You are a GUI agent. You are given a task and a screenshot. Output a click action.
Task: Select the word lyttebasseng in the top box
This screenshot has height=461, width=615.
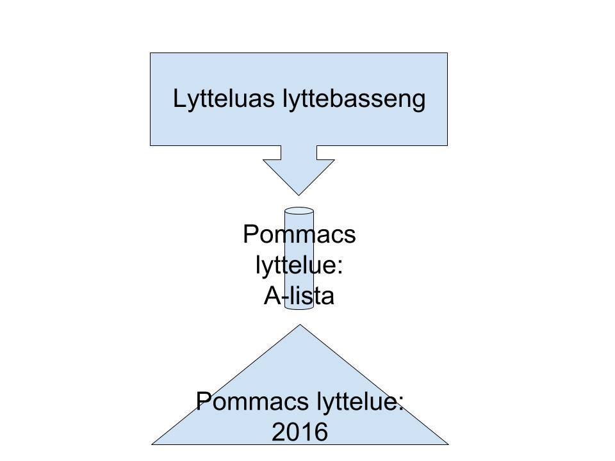[354, 100]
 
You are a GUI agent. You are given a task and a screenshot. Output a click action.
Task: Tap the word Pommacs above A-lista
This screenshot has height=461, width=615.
[299, 235]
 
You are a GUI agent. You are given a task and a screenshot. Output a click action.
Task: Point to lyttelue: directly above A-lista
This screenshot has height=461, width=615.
[299, 265]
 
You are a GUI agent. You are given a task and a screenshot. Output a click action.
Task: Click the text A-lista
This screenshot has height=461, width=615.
[299, 296]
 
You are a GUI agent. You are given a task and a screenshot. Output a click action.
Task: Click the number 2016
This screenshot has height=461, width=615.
[300, 433]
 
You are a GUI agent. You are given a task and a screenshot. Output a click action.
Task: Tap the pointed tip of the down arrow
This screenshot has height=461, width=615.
[299, 194]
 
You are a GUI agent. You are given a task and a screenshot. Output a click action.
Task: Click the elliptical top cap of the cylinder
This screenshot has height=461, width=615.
[299, 211]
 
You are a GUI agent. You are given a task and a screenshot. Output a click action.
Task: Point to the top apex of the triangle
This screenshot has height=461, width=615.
[300, 325]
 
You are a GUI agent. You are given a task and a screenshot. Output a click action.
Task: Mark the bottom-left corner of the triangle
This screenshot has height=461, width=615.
[152, 443]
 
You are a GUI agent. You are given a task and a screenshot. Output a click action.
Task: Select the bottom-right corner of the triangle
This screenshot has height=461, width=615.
[448, 443]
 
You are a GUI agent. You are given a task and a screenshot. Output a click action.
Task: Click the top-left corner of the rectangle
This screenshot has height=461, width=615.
[151, 53]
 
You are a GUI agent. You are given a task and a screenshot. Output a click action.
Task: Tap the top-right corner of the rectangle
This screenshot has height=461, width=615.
[447, 53]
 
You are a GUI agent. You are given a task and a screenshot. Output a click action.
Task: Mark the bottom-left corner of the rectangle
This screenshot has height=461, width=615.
[151, 145]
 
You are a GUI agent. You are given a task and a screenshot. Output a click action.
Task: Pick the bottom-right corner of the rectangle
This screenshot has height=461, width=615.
[447, 145]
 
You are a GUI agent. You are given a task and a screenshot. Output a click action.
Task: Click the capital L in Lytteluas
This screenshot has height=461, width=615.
[179, 100]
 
